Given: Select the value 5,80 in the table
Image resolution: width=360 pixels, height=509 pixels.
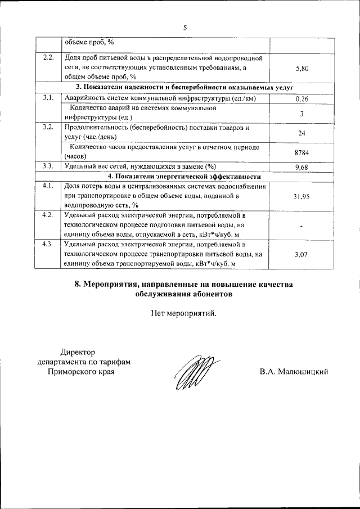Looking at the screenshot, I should coord(302,68).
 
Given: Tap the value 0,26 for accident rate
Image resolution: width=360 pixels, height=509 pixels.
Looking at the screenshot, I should coord(302,100).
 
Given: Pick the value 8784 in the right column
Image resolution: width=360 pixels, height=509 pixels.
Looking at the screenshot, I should coord(302,152).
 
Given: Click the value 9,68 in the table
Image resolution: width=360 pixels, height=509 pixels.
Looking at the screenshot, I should coord(302,167).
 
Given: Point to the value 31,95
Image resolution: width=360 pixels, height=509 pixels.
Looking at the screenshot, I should coord(302,196).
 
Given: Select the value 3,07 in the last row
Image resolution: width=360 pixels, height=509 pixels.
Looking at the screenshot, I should coord(302,255).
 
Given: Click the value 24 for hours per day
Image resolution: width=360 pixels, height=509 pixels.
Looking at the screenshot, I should coord(302,133).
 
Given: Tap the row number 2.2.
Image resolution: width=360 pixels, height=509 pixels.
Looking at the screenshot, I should coord(48,58).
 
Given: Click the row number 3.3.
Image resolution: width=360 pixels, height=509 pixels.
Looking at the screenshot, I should coord(48,166).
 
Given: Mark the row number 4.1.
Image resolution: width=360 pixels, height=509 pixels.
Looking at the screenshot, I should coord(48,186).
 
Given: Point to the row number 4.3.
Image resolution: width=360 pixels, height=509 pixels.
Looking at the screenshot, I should coord(48,245).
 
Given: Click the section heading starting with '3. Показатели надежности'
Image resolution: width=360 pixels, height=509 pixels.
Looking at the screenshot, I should coord(184,88).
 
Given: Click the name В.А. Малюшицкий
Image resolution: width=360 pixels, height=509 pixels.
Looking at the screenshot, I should coord(293,372).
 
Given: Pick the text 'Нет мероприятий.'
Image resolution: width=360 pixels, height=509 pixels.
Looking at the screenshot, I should coord(183,313).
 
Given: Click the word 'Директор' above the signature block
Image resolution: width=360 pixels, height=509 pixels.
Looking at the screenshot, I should coord(78,352).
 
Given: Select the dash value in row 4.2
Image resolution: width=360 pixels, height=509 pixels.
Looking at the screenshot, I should coord(302,226).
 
